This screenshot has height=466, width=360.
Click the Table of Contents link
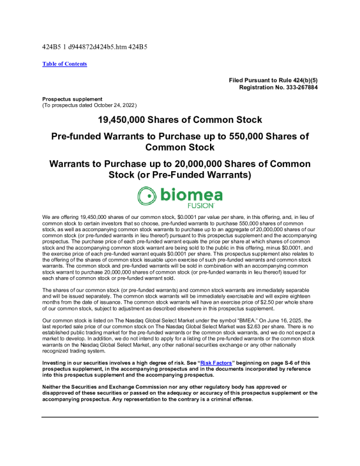[x=65, y=64]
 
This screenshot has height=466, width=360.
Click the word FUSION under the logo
[x=201, y=207]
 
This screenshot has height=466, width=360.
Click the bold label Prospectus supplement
[x=72, y=99]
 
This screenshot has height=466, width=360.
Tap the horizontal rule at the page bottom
[x=180, y=417]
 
